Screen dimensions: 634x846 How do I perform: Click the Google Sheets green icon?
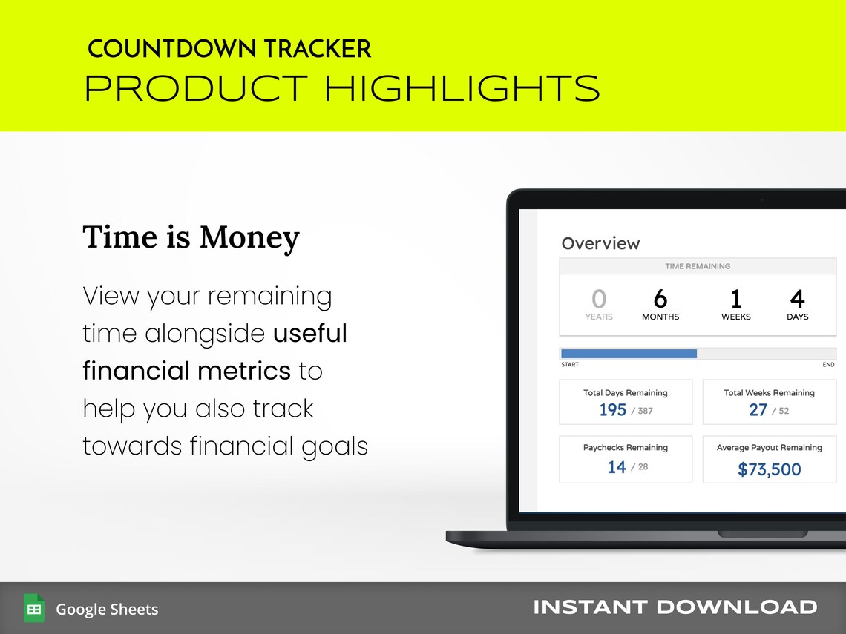[34, 608]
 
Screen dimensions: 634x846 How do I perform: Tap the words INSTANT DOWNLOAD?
[675, 607]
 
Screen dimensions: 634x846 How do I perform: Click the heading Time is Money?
[191, 237]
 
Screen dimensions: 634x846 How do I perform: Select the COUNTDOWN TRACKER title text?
[229, 50]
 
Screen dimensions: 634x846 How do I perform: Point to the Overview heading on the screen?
[600, 243]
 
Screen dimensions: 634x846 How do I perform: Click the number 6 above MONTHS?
[660, 299]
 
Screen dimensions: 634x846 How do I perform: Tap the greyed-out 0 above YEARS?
[598, 299]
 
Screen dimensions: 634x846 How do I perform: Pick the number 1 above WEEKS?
[735, 299]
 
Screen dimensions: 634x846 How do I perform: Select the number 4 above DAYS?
[797, 299]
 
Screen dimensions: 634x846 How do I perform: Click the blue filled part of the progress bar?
[629, 354]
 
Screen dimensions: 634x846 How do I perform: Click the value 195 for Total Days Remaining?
[613, 410]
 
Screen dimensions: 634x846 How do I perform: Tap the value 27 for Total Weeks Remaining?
[758, 410]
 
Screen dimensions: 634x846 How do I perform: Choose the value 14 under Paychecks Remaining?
[617, 467]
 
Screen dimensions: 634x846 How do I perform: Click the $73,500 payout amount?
[770, 469]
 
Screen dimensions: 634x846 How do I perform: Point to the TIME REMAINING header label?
[697, 266]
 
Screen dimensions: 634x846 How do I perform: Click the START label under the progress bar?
[570, 365]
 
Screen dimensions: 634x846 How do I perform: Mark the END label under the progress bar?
[828, 365]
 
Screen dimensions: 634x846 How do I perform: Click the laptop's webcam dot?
[762, 201]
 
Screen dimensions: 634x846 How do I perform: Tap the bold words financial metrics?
[186, 370]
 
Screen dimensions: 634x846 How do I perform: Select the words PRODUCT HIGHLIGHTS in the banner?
[342, 89]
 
